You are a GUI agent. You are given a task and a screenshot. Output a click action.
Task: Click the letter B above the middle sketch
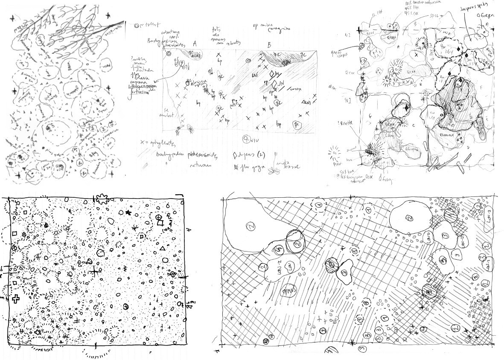point(269,44)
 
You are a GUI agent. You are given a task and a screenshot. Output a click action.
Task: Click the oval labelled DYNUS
point(290,292)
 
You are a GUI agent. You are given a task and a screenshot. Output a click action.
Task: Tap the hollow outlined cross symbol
point(15,298)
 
